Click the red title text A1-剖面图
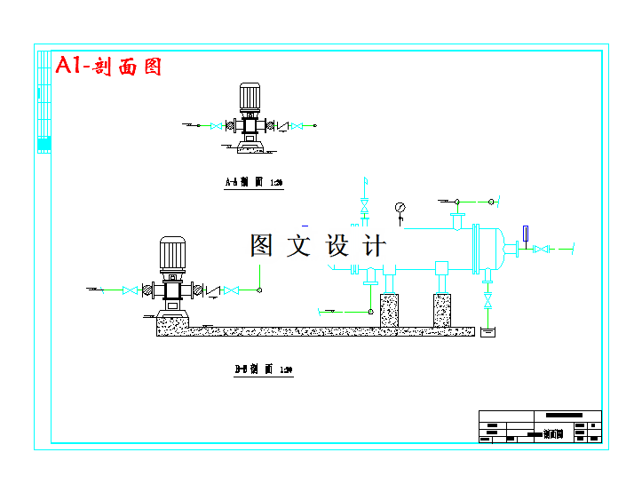[x=108, y=66]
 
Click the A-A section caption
[x=252, y=182]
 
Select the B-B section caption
[x=263, y=369]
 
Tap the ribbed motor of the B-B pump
[x=171, y=254]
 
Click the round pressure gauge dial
[x=400, y=208]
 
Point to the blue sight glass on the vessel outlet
[x=526, y=234]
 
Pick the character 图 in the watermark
[x=262, y=246]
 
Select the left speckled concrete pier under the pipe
[x=389, y=310]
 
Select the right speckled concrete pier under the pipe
[x=442, y=310]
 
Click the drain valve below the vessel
[x=487, y=300]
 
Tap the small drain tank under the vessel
[x=487, y=333]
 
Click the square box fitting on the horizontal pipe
[x=441, y=267]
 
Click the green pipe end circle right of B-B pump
[x=258, y=290]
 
